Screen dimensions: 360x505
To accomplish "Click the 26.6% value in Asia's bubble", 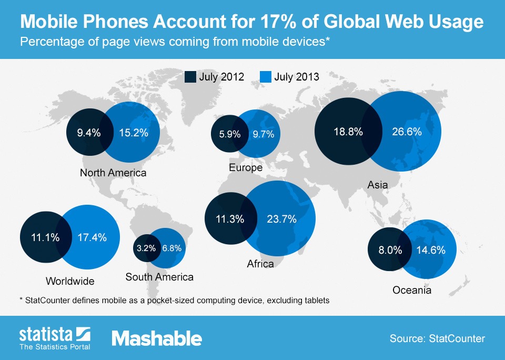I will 407,132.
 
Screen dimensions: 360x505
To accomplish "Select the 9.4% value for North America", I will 88,133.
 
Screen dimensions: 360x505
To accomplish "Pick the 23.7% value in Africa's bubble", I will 282,219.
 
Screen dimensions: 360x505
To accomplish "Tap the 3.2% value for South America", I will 146,248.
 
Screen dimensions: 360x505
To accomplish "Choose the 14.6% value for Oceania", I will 431,251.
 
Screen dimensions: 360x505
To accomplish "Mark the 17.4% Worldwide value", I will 92,237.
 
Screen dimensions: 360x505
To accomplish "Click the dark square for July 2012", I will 190,77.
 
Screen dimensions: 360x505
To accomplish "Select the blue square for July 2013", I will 266,77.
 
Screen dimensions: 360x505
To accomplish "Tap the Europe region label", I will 246,168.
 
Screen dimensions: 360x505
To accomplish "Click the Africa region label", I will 260,264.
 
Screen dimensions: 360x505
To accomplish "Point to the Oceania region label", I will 412,290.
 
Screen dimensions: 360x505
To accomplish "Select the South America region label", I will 159,277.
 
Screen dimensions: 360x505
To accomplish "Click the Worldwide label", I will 70,281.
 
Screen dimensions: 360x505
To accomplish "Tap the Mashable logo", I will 156,338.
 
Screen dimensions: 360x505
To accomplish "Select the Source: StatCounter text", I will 437,338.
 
